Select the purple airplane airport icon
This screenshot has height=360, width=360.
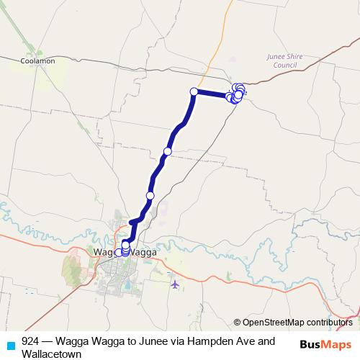tap(175, 284)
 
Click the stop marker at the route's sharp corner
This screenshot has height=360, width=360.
tap(194, 91)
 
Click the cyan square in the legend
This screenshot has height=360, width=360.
tap(10, 342)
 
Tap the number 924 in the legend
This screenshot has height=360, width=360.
tap(30, 341)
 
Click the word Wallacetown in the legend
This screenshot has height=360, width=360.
tap(51, 354)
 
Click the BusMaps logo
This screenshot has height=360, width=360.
tap(326, 344)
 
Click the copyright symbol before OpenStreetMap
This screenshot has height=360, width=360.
tap(237, 323)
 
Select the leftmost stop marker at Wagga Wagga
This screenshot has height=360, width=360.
tap(118, 253)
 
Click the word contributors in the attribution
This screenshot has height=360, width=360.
tap(328, 323)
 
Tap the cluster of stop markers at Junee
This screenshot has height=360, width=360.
tap(237, 94)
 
